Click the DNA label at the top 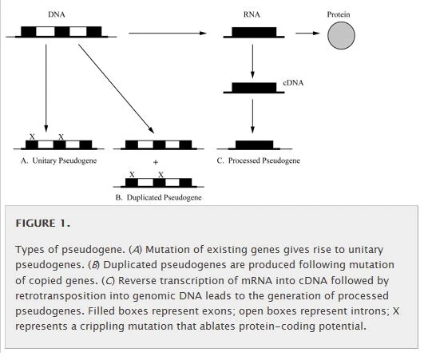click(57, 14)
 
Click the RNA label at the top click(252, 14)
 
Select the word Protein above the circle click(338, 14)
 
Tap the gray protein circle click(341, 35)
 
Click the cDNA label click(293, 83)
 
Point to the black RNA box click(252, 33)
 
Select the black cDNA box click(253, 88)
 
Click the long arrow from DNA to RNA click(172, 34)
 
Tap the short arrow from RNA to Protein click(307, 34)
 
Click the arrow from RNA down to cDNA click(252, 61)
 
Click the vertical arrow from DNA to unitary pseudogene click(46, 88)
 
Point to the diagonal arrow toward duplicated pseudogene click(116, 88)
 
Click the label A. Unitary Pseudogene click(58, 160)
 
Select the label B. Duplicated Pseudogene click(158, 197)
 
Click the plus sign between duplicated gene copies click(156, 162)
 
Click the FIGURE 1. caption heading click(42, 224)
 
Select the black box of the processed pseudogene click(253, 145)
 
